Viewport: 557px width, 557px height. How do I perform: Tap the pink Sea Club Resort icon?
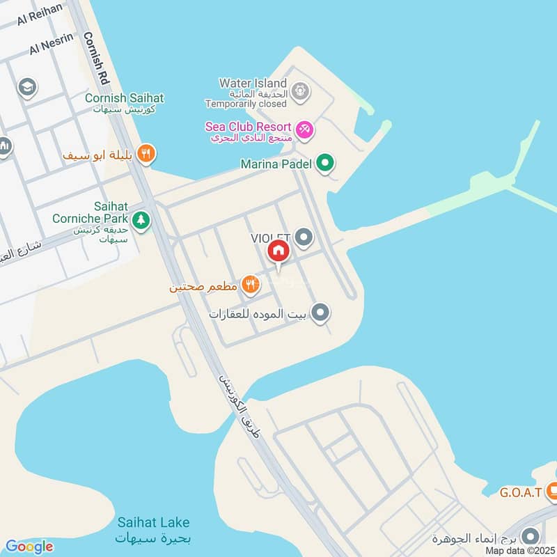coord(304,129)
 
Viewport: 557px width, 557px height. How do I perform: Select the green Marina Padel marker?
coord(324,164)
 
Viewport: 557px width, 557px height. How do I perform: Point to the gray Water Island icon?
coord(300,90)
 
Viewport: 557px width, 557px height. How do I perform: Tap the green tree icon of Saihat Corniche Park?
coord(141,220)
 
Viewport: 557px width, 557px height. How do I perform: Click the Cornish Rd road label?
coord(104,55)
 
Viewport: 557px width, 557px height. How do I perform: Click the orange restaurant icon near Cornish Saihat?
coord(146,154)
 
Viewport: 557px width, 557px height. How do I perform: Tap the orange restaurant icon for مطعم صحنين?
coord(251,284)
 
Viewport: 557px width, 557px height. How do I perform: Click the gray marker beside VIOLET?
coord(304,238)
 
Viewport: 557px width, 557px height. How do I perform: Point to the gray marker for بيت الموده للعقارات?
coord(320,313)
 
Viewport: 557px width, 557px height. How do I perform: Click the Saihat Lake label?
coord(153,522)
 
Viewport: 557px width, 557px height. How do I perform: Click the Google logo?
coord(29,547)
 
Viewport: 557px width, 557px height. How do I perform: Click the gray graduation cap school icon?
coord(27,88)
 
